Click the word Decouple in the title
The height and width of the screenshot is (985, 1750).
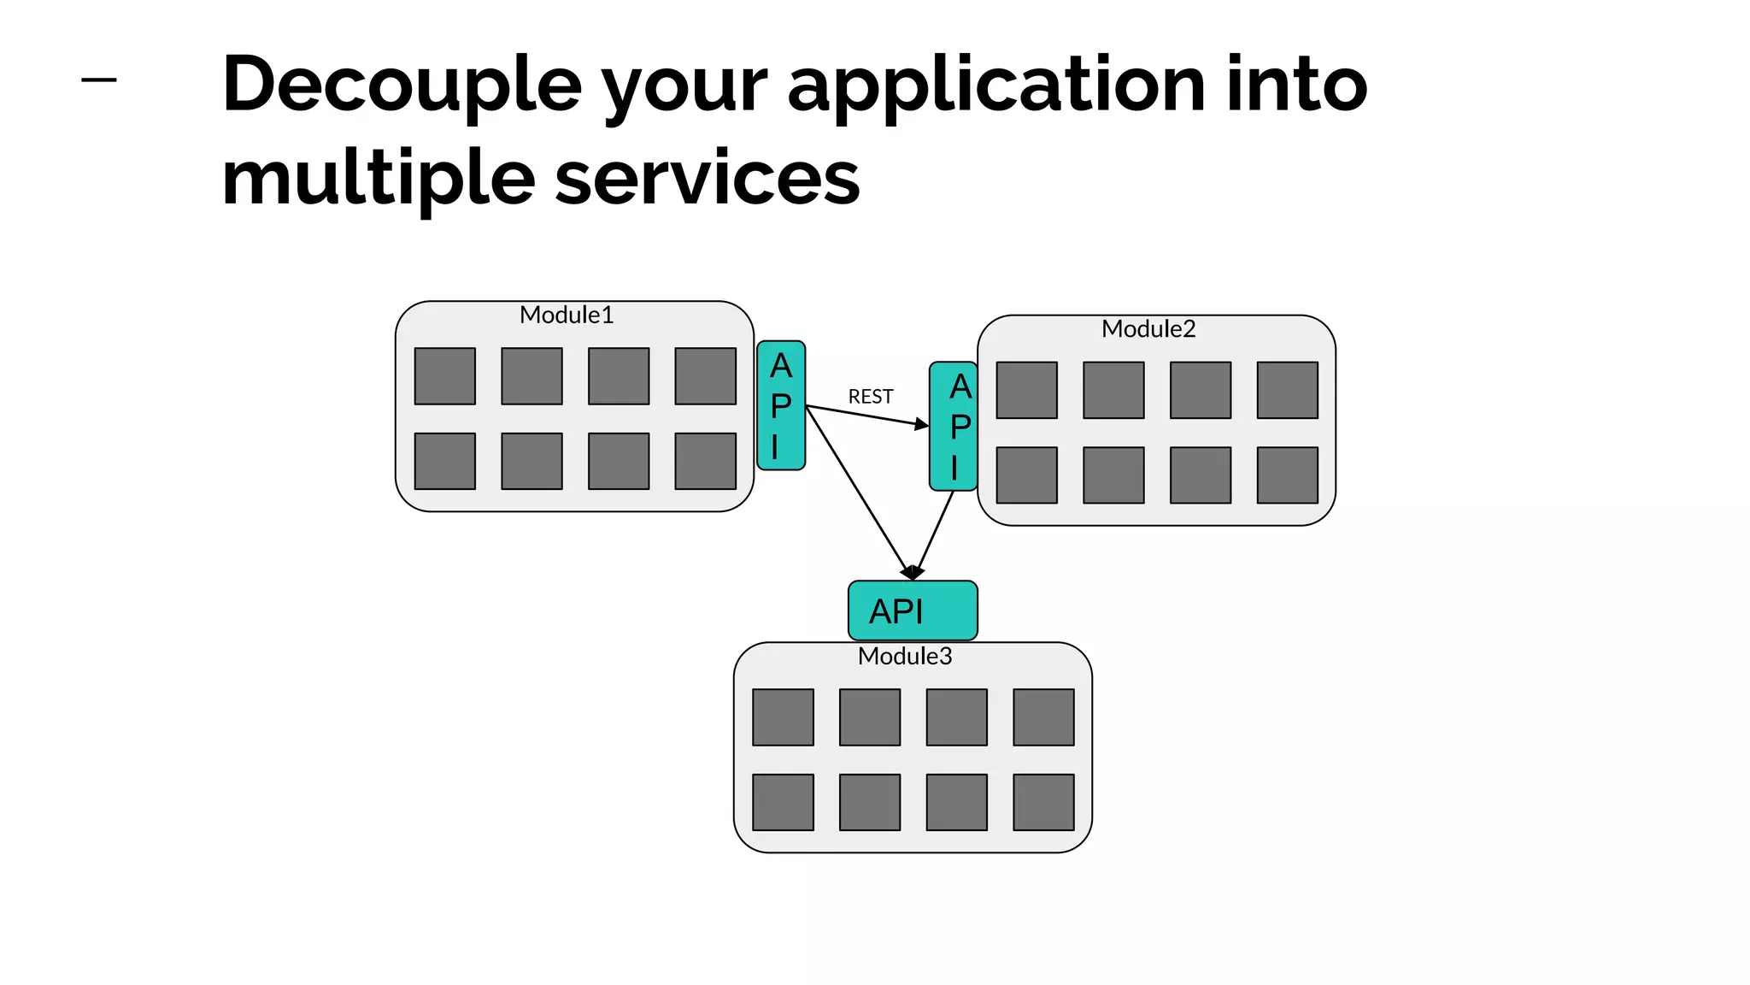[402, 85]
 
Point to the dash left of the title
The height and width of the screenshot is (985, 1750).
[99, 80]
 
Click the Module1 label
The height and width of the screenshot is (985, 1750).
[567, 316]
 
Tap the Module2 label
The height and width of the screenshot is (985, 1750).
[1148, 329]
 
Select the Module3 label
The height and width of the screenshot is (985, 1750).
[904, 657]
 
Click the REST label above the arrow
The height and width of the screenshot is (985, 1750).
[870, 397]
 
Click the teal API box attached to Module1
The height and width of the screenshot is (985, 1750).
[781, 405]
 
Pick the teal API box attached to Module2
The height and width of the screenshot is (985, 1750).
[954, 426]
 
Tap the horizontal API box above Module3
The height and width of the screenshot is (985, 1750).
[913, 610]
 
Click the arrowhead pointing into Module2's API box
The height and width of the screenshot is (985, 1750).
[922, 424]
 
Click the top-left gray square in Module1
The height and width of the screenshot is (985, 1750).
[444, 376]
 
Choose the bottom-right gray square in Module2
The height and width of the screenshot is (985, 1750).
[1287, 475]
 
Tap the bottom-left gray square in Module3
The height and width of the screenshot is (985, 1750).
[783, 802]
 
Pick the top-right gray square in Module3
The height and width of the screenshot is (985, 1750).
[1043, 717]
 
